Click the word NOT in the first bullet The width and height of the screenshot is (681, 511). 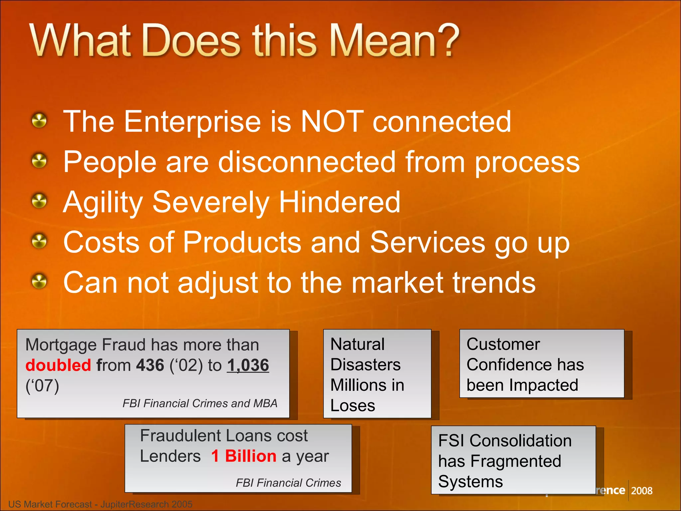tap(332, 122)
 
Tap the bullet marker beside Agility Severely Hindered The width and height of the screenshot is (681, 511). tap(40, 201)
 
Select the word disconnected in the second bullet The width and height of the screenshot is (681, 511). tap(307, 162)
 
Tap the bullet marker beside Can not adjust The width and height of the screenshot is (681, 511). tap(40, 282)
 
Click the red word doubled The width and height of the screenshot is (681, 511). tap(58, 365)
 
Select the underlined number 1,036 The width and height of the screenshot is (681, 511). tap(248, 365)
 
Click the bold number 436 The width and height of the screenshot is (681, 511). tap(150, 365)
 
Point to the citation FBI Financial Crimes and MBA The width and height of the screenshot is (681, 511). tap(200, 404)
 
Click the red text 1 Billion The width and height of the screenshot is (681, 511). tap(243, 456)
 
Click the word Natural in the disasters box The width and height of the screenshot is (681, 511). tap(357, 344)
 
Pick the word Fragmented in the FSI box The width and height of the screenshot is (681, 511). tap(516, 461)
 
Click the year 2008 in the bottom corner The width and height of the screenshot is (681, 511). tap(641, 491)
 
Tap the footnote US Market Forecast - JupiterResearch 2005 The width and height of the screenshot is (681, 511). tap(100, 504)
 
